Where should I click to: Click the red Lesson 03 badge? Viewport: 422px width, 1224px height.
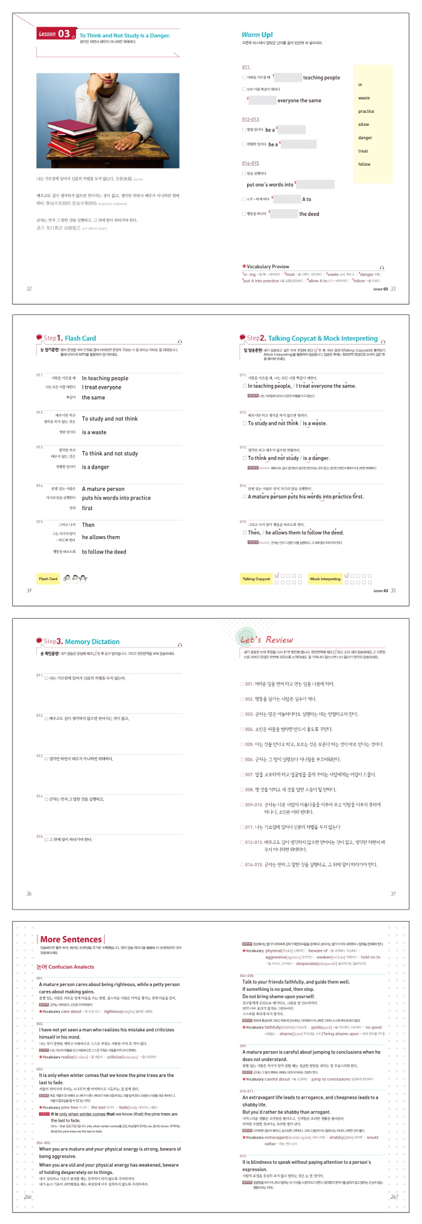56,34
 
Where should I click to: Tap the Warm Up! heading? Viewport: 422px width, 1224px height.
257,35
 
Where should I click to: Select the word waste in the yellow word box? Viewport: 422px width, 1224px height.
364,98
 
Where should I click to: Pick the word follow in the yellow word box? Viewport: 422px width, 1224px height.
364,164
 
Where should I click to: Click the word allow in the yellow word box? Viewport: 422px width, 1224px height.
364,124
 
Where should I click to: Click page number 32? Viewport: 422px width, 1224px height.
29,289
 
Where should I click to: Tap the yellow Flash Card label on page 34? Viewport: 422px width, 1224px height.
48,579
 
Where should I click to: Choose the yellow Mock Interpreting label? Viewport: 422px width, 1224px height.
325,579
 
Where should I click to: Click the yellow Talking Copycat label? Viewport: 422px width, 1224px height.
256,579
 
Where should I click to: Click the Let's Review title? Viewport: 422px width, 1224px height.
266,640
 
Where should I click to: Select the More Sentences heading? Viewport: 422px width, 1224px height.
71,939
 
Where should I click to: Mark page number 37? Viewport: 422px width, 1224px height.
393,893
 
